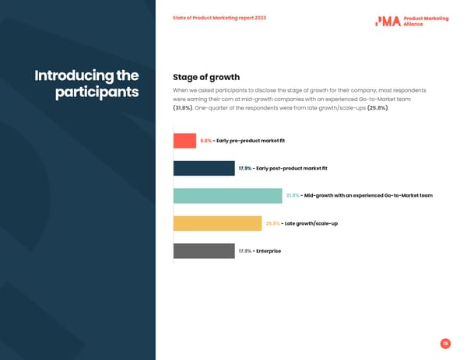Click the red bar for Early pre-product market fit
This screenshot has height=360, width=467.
[x=184, y=141]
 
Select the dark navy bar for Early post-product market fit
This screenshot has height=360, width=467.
[x=204, y=168]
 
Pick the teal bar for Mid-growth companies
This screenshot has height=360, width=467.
[x=227, y=196]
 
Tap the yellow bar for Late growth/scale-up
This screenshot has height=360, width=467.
[x=217, y=223]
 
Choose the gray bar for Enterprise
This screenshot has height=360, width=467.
[x=204, y=251]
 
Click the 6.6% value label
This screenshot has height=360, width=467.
[x=205, y=141]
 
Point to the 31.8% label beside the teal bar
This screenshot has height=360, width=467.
[x=293, y=196]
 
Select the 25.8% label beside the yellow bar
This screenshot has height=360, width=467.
[x=272, y=224]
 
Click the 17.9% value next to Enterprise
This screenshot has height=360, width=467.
[x=244, y=251]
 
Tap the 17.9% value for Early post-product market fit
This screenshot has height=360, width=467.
[x=244, y=169]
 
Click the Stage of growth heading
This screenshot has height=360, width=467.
[x=205, y=77]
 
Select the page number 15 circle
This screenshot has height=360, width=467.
[x=445, y=344]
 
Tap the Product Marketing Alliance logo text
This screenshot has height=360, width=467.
[x=426, y=21]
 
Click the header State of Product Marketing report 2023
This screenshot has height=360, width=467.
[x=219, y=18]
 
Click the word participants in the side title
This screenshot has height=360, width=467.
[x=97, y=93]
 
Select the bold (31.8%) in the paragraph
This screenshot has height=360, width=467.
[x=182, y=108]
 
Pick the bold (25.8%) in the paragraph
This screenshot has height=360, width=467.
[x=377, y=108]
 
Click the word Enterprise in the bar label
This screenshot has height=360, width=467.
[x=269, y=251]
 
